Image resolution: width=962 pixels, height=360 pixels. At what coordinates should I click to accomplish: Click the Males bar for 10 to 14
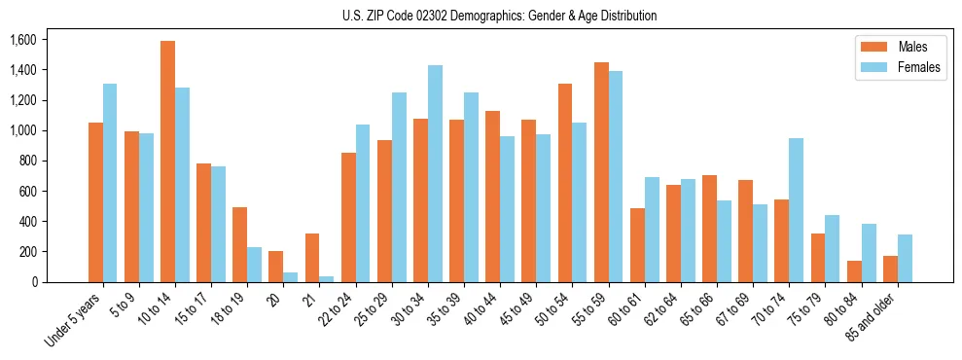167,162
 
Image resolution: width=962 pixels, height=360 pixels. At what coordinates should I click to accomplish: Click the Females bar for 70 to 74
796,210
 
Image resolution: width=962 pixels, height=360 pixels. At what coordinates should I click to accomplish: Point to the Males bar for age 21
312,258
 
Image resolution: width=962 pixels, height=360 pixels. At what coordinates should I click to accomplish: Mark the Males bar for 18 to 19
239,244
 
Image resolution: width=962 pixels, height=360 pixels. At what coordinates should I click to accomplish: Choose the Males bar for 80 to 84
854,271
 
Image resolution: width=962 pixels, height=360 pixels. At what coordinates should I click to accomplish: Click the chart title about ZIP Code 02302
499,16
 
